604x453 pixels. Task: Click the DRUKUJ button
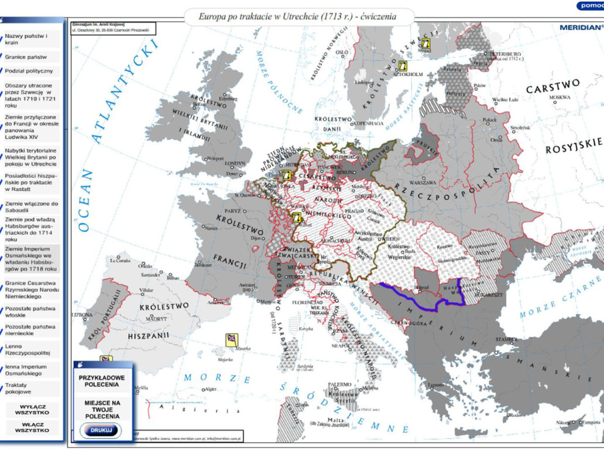click(99, 430)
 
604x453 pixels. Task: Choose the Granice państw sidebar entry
click(26, 57)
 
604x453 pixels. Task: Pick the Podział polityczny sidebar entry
click(29, 71)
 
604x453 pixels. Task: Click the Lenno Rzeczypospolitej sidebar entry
click(28, 350)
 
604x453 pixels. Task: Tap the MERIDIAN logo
click(580, 27)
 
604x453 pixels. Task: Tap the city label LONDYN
click(234, 164)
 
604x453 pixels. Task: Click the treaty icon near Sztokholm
click(402, 66)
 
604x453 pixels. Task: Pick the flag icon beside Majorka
click(232, 339)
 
